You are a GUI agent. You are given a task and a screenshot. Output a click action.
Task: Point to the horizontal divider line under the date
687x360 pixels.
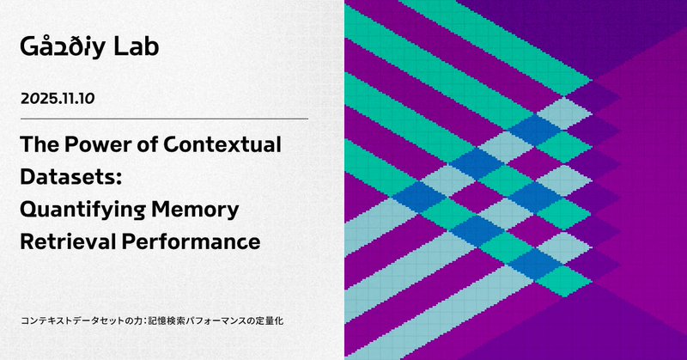(x=164, y=119)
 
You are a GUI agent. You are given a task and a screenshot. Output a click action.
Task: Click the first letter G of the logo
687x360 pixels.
(x=28, y=47)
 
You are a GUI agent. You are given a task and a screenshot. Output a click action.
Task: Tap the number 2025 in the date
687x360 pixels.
(x=40, y=100)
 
